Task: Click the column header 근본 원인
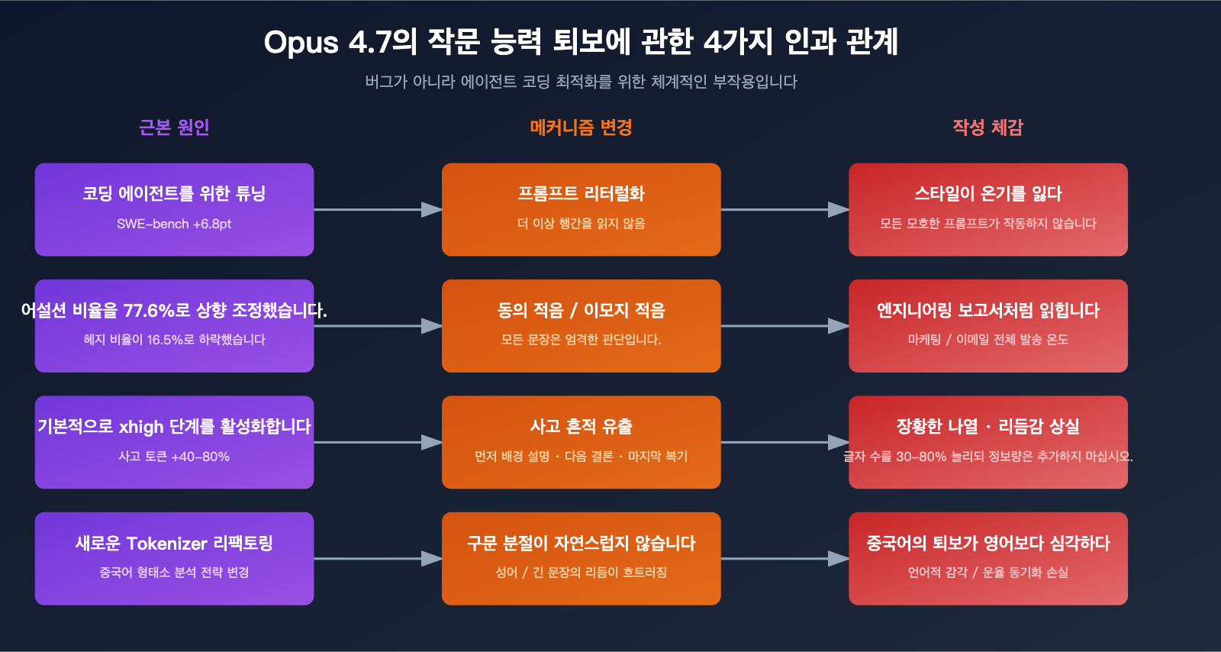click(x=174, y=127)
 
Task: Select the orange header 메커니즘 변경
click(x=581, y=127)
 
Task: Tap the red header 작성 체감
click(x=987, y=127)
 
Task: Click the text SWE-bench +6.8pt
click(x=174, y=224)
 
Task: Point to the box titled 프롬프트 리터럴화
click(x=581, y=209)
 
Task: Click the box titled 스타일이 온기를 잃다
click(x=987, y=209)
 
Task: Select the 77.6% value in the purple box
click(x=150, y=311)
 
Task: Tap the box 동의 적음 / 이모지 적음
click(x=581, y=326)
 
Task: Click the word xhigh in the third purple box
click(x=141, y=427)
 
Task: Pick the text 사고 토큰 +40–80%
click(x=174, y=457)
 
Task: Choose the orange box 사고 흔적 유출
click(x=581, y=442)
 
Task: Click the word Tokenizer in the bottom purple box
click(x=166, y=544)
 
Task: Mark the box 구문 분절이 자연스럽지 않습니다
click(x=581, y=559)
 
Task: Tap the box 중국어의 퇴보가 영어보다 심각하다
click(x=987, y=559)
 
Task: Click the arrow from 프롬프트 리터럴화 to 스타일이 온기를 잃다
click(x=784, y=209)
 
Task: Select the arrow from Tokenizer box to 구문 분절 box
click(x=378, y=559)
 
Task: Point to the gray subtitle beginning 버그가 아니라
click(x=581, y=82)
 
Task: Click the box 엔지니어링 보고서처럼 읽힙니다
click(x=987, y=326)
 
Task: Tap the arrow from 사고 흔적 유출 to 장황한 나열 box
click(x=784, y=442)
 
